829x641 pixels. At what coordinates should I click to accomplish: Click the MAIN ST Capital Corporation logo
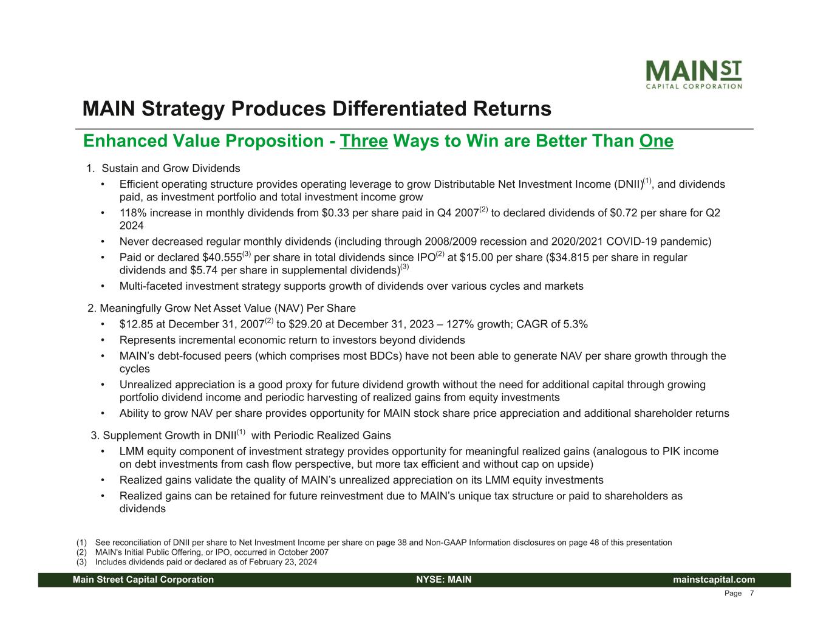(694, 74)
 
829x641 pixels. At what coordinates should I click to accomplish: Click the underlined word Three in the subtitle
(364, 141)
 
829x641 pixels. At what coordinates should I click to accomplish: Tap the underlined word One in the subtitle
(656, 141)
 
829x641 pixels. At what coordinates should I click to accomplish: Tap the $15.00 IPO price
(477, 258)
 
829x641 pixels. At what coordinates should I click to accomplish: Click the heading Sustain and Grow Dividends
(171, 168)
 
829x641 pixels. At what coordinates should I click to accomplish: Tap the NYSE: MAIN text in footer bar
(444, 580)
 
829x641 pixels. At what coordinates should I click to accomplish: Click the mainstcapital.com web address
(714, 580)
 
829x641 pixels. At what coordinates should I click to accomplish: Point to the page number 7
(751, 594)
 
